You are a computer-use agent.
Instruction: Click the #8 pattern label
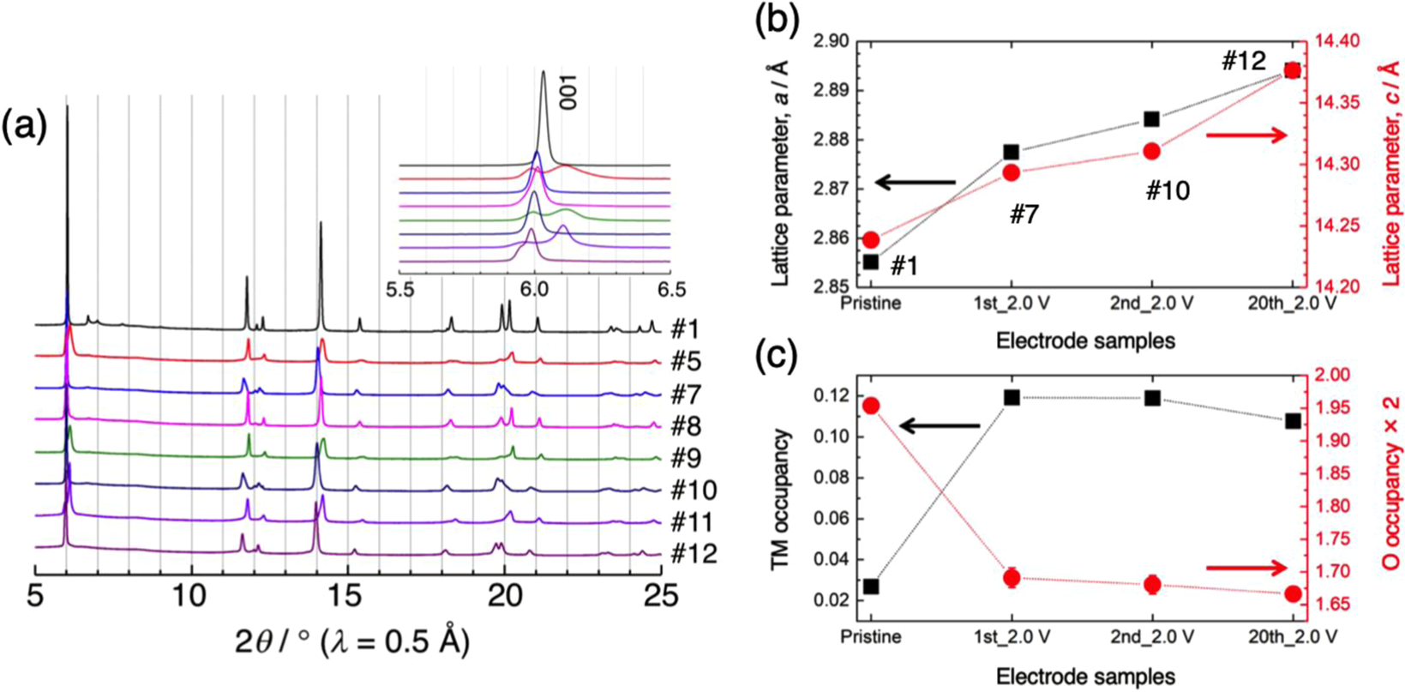coord(689,426)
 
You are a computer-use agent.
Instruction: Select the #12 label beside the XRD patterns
coord(694,554)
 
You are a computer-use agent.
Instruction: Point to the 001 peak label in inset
coord(567,91)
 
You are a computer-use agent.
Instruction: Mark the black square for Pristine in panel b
coord(871,262)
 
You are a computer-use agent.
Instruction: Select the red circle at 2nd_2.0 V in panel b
coord(1151,151)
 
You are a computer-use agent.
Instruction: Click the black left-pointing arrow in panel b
coord(914,182)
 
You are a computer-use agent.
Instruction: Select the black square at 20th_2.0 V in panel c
coord(1292,421)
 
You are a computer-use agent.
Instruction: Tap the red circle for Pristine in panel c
coord(871,406)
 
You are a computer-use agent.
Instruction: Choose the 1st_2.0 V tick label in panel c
coord(1012,637)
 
